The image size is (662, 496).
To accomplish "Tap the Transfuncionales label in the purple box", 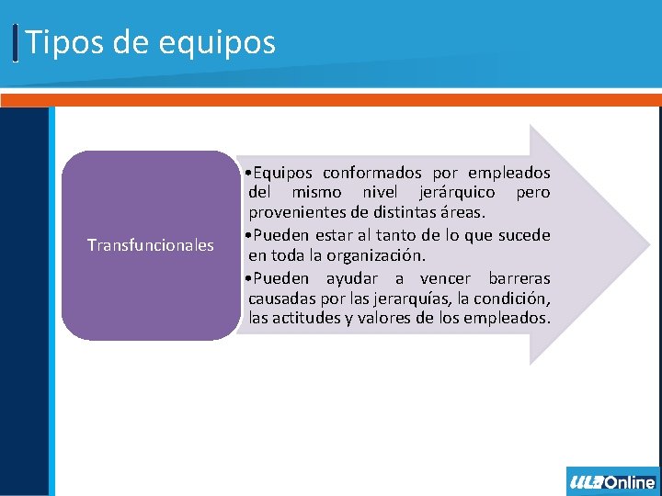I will [x=150, y=245].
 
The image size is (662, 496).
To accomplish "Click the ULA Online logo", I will [x=612, y=481].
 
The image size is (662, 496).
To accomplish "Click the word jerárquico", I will [x=457, y=193].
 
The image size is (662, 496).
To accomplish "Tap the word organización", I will [x=376, y=255].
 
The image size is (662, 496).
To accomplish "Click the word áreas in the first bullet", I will [x=463, y=214].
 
